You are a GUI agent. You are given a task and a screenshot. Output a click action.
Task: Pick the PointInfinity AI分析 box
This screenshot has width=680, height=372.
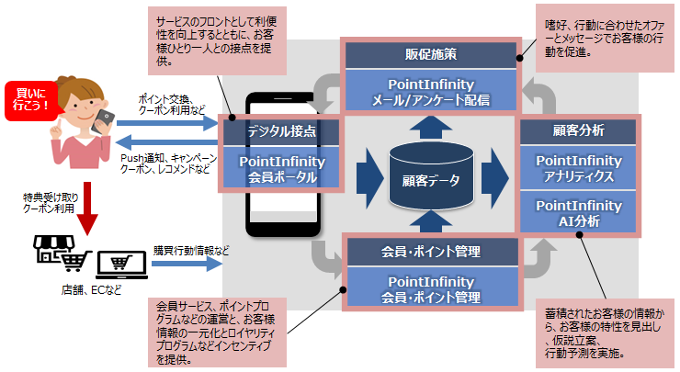coord(579,212)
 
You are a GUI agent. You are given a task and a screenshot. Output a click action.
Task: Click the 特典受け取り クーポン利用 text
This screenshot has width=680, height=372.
coord(40,204)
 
